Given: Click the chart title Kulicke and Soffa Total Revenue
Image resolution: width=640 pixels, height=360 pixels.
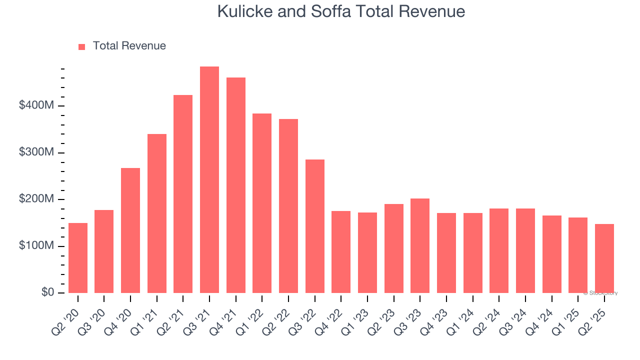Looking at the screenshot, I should click(x=341, y=11).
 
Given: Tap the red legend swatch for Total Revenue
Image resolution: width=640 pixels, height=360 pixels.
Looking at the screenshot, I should click(x=82, y=46).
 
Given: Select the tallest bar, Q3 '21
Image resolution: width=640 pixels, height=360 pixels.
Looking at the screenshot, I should click(x=209, y=179).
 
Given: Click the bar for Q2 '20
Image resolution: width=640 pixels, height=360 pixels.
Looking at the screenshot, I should click(x=78, y=258).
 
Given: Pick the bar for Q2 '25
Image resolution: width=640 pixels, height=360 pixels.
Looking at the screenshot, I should click(x=604, y=258).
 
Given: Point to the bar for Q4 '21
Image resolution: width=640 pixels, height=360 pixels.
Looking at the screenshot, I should click(x=236, y=185).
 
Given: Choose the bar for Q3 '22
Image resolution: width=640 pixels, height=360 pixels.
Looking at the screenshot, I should click(x=315, y=226).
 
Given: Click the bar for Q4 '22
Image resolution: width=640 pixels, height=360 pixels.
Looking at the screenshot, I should click(x=341, y=252).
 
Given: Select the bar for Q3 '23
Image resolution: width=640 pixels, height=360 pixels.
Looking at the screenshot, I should click(x=420, y=245).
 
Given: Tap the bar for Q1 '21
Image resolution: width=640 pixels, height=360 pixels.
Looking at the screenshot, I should click(x=157, y=213).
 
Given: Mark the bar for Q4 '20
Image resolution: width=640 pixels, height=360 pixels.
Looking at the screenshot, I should click(x=130, y=230).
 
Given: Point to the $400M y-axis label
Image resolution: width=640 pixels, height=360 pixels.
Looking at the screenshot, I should click(x=36, y=106).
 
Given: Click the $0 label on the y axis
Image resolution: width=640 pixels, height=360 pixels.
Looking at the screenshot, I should click(x=47, y=292).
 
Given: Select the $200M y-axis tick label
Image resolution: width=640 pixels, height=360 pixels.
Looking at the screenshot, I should click(x=36, y=199).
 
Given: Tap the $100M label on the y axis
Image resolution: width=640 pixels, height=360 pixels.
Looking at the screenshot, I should click(x=36, y=246).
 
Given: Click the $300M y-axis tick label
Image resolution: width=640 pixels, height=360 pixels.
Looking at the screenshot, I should click(x=36, y=152).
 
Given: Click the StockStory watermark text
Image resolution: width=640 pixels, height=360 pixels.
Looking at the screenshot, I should click(x=600, y=293).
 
